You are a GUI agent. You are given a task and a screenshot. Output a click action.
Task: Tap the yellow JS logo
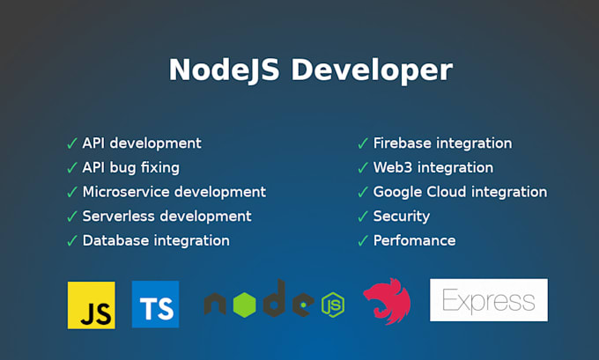pos(91,305)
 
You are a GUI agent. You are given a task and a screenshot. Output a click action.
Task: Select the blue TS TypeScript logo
pos(155,305)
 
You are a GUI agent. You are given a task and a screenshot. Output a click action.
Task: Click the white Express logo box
pos(488,300)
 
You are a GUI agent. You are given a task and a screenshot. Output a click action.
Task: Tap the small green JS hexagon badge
pos(332,305)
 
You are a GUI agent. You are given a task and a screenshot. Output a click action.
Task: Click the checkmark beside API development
pos(71,143)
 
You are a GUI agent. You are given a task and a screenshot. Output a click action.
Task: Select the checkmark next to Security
pos(362,217)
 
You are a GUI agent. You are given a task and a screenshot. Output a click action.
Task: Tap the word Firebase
pos(402,143)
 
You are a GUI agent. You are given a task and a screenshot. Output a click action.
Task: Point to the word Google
pos(398,192)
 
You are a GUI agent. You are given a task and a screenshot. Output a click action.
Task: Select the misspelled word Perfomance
pos(414,240)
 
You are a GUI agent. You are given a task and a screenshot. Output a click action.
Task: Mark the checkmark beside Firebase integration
pos(362,143)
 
